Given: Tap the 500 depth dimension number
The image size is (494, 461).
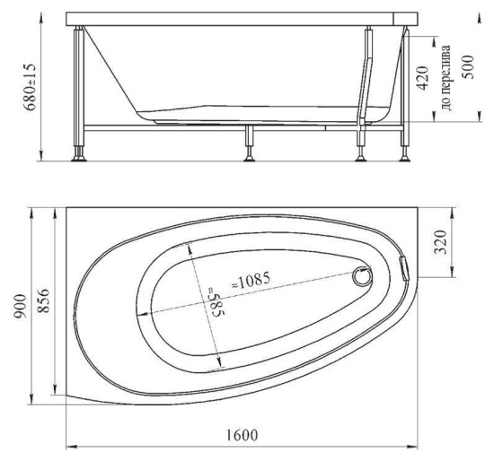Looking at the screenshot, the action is click(x=468, y=67).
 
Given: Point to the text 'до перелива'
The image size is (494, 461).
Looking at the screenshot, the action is click(x=446, y=77).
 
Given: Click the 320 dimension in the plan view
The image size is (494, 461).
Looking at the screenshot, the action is click(x=441, y=242).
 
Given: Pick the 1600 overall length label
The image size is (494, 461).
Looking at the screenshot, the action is click(x=242, y=435).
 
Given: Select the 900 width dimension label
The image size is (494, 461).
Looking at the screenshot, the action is click(x=22, y=306).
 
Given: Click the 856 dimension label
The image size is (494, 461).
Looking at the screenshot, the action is click(x=43, y=300).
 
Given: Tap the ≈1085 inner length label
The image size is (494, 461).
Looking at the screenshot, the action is click(x=251, y=280).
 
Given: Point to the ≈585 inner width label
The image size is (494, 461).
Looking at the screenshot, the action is click(x=216, y=301).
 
